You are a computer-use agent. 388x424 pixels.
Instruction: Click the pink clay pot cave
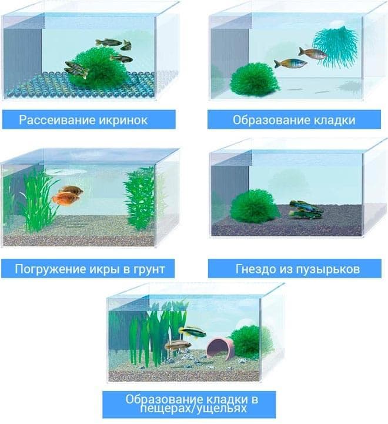(x=219, y=347)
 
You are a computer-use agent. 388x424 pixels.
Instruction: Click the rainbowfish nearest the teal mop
(x=313, y=54)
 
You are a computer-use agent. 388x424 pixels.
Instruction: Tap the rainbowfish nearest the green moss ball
(x=286, y=63)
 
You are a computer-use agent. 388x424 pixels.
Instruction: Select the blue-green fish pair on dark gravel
(x=305, y=209)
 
